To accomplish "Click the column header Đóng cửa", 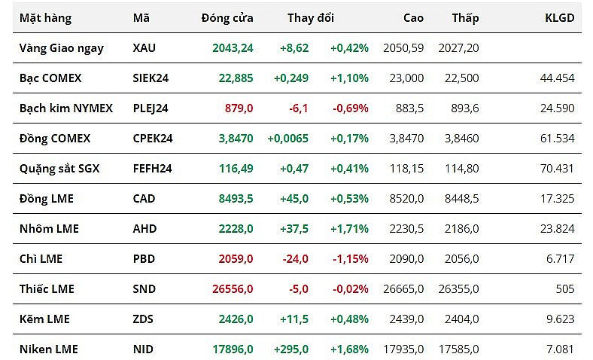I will (227, 17).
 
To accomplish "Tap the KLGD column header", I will (559, 17).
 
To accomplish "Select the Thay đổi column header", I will (311, 17).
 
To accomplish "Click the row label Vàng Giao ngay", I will (62, 47).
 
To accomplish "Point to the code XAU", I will (144, 47).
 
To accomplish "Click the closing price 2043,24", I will (233, 47).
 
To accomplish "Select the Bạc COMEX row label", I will (50, 78).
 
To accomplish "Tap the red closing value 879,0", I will (239, 108).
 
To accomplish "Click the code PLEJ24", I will (151, 108).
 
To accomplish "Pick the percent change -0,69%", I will (351, 108).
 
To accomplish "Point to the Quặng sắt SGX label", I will (59, 168).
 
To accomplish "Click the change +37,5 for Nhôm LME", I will (293, 228).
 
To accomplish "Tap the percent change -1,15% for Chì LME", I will (351, 258).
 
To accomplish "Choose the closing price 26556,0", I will (232, 288).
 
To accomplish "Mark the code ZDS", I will (143, 319).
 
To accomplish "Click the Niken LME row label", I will (49, 349).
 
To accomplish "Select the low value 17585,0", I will (458, 349).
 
